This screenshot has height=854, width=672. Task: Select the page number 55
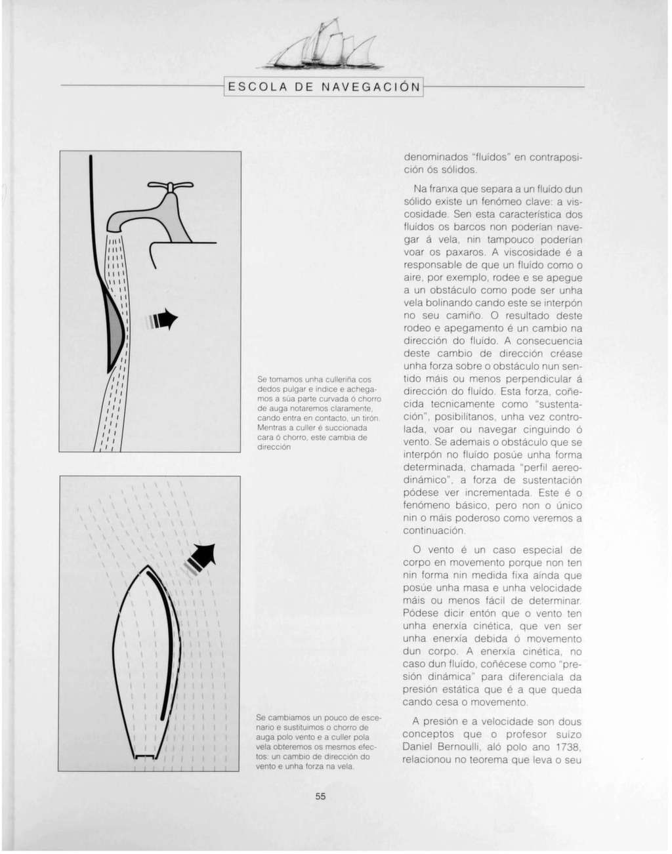(x=320, y=797)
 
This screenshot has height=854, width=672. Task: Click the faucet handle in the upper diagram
(x=170, y=186)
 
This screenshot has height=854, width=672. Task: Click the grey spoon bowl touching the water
(x=115, y=327)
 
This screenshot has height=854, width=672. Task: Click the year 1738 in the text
(x=566, y=747)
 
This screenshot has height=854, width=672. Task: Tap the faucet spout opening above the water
(x=115, y=227)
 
